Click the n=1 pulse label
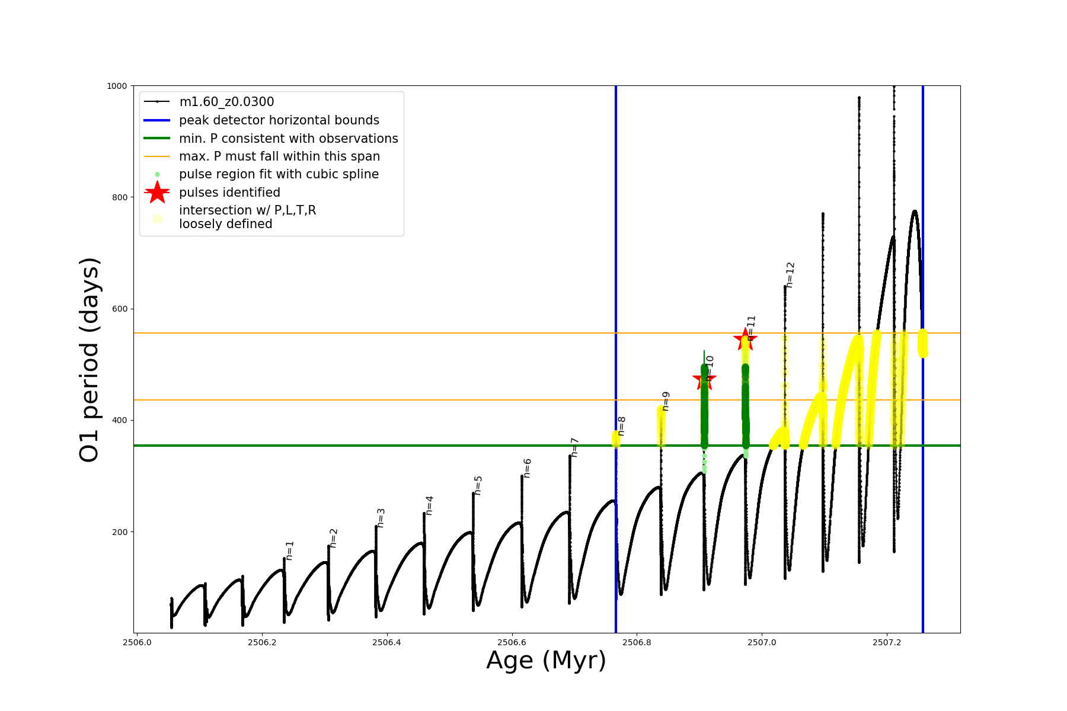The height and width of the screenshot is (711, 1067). [290, 550]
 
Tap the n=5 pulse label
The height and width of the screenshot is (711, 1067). [478, 485]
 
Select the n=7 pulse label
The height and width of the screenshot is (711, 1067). [574, 447]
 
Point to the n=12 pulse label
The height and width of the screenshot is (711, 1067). [790, 275]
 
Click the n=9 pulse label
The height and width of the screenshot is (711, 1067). [666, 401]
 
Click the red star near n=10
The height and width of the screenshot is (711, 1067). [704, 379]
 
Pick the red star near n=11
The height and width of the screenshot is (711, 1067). [745, 339]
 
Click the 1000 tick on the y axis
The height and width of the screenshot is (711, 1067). [117, 86]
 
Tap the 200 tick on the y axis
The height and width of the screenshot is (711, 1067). [120, 532]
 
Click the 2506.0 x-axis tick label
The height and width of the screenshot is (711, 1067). [137, 642]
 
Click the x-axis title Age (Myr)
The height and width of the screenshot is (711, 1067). [547, 661]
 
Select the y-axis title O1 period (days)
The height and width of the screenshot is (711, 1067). [89, 360]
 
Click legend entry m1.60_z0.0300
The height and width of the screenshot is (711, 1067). [226, 102]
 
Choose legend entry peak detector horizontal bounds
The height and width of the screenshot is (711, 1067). [279, 120]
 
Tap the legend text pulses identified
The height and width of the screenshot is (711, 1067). [229, 193]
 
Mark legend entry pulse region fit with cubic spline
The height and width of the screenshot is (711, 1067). [279, 174]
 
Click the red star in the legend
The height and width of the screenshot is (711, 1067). [157, 192]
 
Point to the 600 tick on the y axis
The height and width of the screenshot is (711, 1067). [120, 309]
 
